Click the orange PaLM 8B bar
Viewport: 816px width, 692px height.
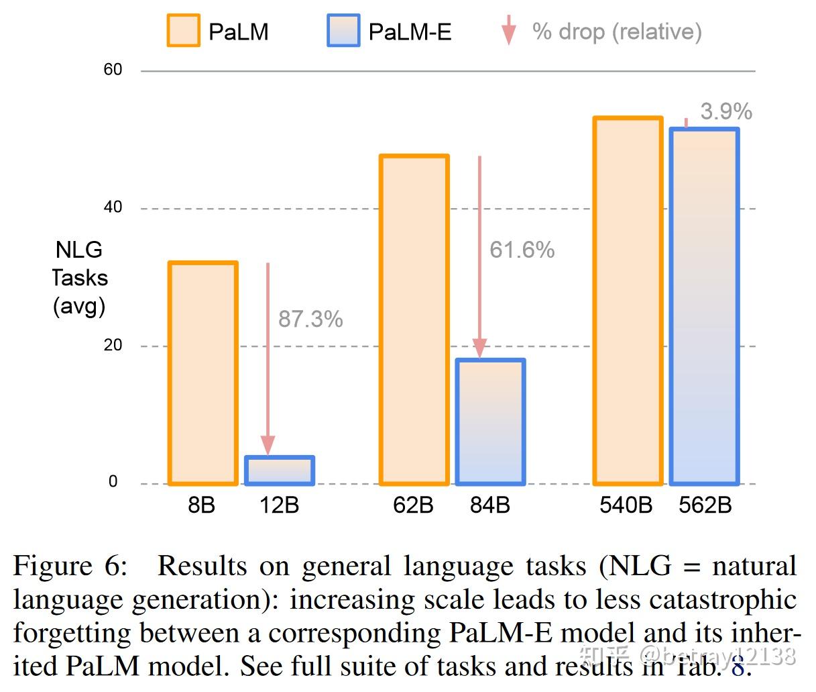point(202,373)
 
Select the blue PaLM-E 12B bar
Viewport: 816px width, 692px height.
point(279,471)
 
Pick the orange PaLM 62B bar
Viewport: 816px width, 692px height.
point(414,319)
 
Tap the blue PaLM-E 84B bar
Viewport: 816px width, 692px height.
point(490,422)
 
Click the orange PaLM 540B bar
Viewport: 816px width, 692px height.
point(628,301)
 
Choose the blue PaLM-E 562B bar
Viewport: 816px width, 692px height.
point(704,306)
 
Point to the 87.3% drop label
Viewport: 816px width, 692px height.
point(310,319)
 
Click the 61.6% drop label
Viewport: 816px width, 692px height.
point(522,250)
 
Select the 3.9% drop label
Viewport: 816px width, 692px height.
point(725,111)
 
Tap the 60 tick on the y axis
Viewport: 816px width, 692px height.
point(113,70)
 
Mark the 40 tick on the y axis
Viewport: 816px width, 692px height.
point(113,207)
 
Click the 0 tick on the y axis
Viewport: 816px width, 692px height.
point(113,482)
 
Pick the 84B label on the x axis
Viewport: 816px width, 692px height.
point(490,505)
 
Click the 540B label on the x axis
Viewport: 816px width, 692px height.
point(626,505)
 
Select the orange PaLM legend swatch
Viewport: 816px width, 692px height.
point(183,31)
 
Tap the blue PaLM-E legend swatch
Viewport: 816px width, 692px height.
point(343,31)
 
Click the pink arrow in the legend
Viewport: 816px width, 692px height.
point(509,30)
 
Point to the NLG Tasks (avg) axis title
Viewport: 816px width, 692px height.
point(79,278)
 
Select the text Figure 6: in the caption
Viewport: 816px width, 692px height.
point(70,566)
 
